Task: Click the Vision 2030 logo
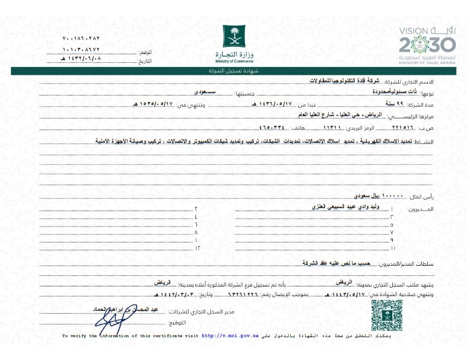click(x=426, y=44)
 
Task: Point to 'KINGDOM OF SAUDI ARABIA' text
click(x=427, y=62)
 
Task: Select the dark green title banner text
click(x=234, y=71)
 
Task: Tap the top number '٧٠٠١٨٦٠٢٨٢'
click(x=82, y=39)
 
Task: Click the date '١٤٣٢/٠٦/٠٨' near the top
click(x=82, y=59)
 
